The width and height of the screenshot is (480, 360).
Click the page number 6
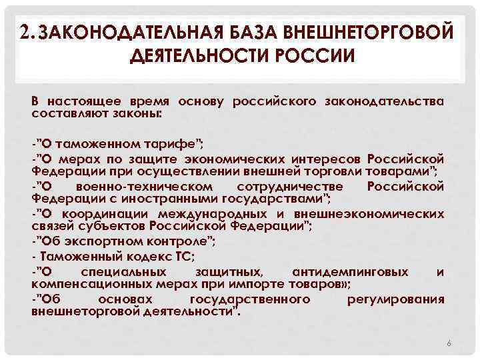coord(449,343)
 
